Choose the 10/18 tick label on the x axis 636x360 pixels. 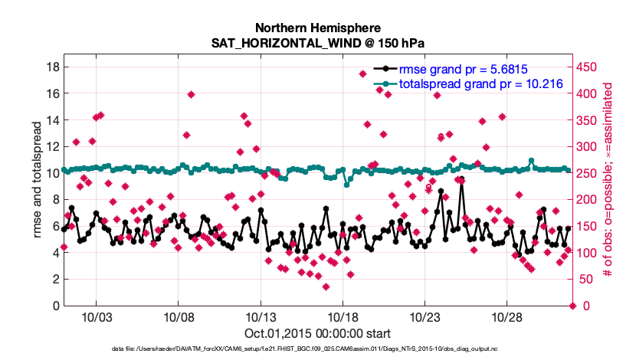pyautogui.click(x=343, y=317)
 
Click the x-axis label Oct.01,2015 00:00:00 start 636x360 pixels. pyautogui.click(x=317, y=334)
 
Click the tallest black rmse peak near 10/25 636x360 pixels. pyautogui.click(x=461, y=180)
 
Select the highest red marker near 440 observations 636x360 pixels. pyautogui.click(x=362, y=74)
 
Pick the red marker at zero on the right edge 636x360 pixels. pyautogui.click(x=572, y=306)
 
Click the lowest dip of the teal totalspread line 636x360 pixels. pyautogui.click(x=347, y=185)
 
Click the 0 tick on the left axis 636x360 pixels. pyautogui.click(x=56, y=306)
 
